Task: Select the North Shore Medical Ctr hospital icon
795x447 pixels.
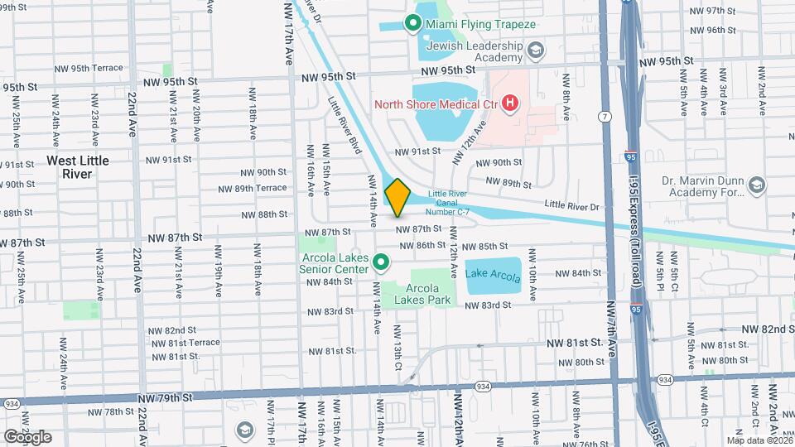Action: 511,103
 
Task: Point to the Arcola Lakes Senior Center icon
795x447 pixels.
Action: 381,263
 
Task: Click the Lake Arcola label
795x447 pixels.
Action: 494,275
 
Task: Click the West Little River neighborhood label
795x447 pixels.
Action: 79,166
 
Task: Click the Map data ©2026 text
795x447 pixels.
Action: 757,440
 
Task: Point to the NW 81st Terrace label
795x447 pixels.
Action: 183,342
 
